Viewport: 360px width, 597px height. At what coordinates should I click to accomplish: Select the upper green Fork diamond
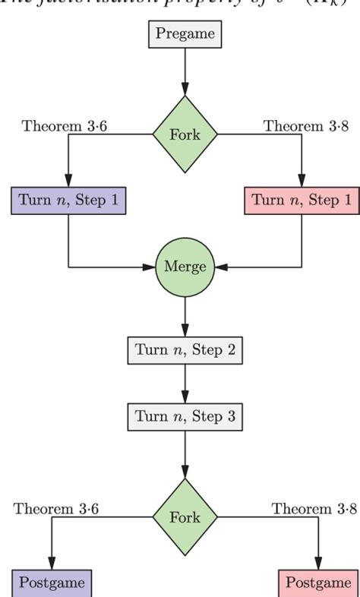tap(185, 134)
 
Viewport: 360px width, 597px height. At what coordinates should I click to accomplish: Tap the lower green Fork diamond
tap(185, 517)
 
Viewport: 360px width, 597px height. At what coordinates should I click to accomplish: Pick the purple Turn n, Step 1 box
tap(68, 201)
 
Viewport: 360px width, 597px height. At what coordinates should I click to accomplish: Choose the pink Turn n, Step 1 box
tap(302, 201)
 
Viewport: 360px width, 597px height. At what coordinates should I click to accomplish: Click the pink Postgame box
tap(317, 583)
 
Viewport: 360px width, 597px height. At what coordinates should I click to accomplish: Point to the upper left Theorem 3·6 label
tap(65, 125)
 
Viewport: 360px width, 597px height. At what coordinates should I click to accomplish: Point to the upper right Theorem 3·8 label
tap(305, 125)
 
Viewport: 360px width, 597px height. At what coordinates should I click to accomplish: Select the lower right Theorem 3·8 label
tap(314, 508)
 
